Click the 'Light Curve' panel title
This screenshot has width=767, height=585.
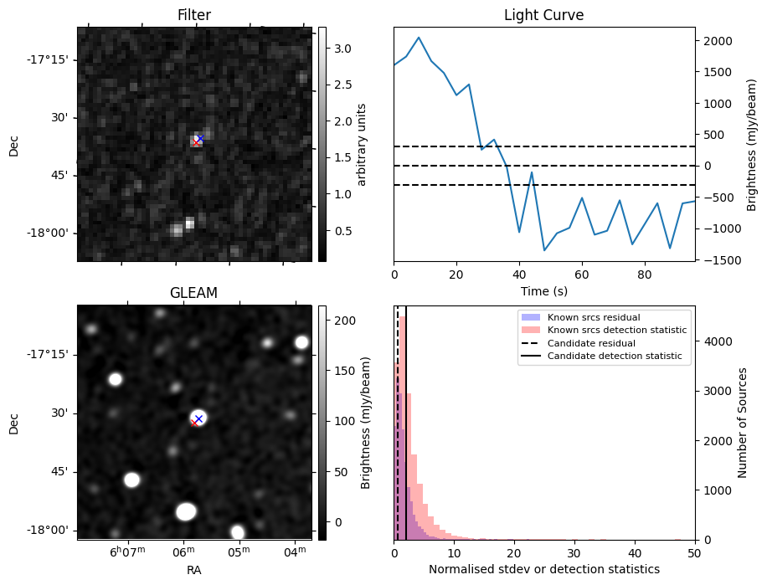[543, 15]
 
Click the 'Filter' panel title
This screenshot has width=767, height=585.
[194, 15]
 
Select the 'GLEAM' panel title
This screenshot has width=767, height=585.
[193, 293]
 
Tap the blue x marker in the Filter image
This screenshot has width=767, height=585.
[200, 138]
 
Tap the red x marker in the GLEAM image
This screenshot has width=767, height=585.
[194, 423]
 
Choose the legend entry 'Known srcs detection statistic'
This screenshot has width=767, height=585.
[617, 330]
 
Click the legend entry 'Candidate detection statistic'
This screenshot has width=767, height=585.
[614, 357]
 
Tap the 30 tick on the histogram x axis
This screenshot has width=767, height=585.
[574, 553]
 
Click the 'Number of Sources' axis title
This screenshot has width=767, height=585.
[743, 423]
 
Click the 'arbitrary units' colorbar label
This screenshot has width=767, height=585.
[362, 144]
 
